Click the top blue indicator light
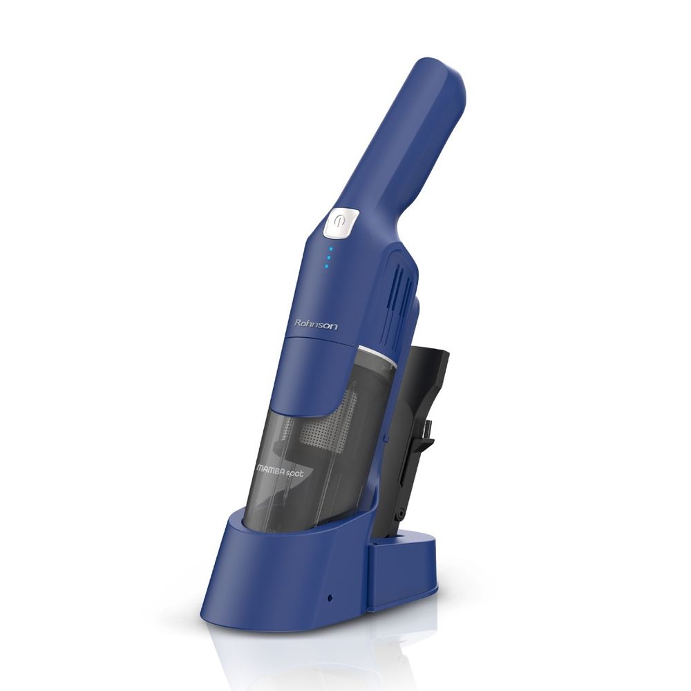coord(331,249)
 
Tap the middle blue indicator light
coord(329,257)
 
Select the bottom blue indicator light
coord(327,266)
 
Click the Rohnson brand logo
coord(316,325)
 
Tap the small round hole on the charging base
coord(330,598)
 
